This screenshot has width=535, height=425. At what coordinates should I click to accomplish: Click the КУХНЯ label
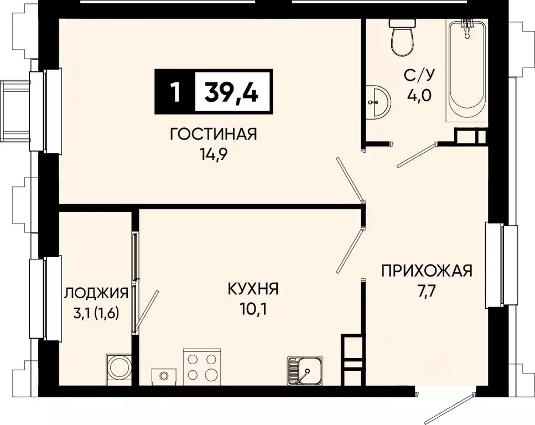point(252,289)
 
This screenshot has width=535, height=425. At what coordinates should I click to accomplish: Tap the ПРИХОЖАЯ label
point(425,271)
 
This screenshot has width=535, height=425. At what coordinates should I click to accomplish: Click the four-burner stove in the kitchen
point(202,366)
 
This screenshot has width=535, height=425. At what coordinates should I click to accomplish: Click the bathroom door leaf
point(417,154)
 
